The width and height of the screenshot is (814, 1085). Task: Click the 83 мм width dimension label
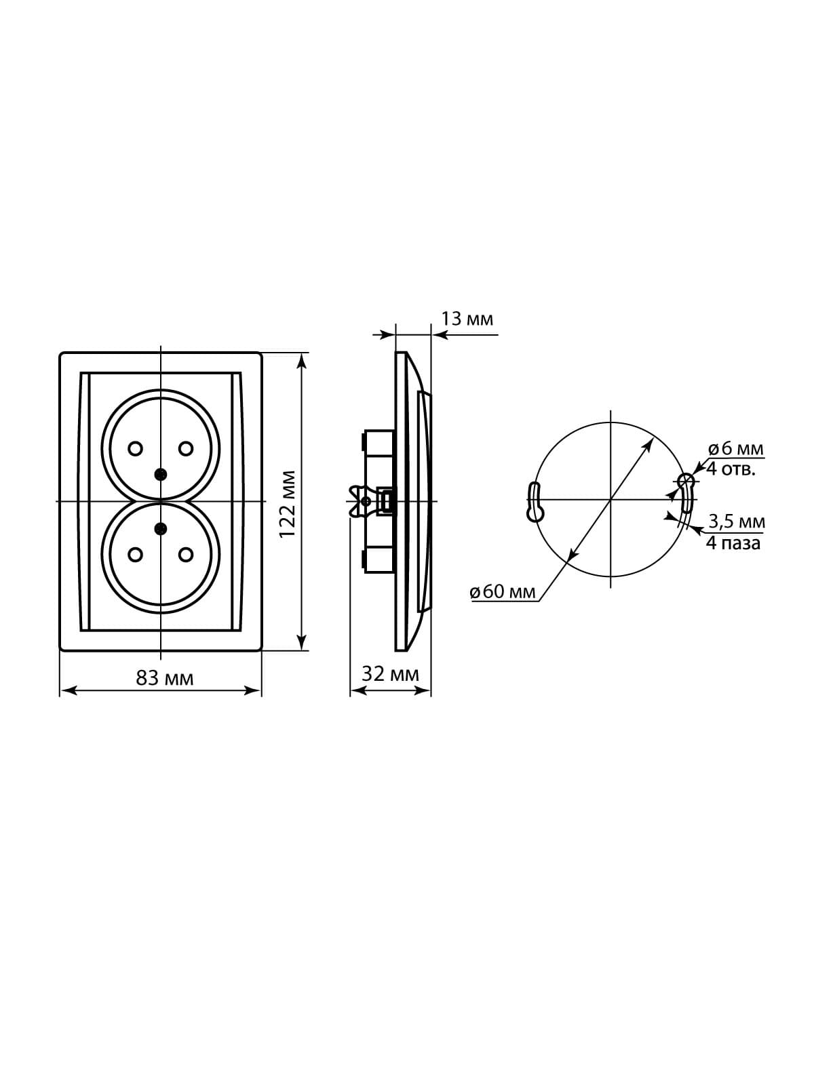tap(165, 679)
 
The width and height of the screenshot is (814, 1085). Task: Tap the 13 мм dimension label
tap(467, 319)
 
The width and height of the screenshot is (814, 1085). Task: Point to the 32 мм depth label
tap(390, 674)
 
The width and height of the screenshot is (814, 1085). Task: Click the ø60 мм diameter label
tap(503, 592)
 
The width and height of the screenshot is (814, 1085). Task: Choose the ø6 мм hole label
tap(735, 449)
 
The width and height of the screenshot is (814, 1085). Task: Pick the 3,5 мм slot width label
tap(737, 521)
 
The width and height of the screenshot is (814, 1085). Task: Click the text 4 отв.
tap(731, 469)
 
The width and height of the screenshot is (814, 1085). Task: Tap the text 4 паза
tap(733, 543)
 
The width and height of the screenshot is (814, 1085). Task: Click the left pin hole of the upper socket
tap(135, 448)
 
